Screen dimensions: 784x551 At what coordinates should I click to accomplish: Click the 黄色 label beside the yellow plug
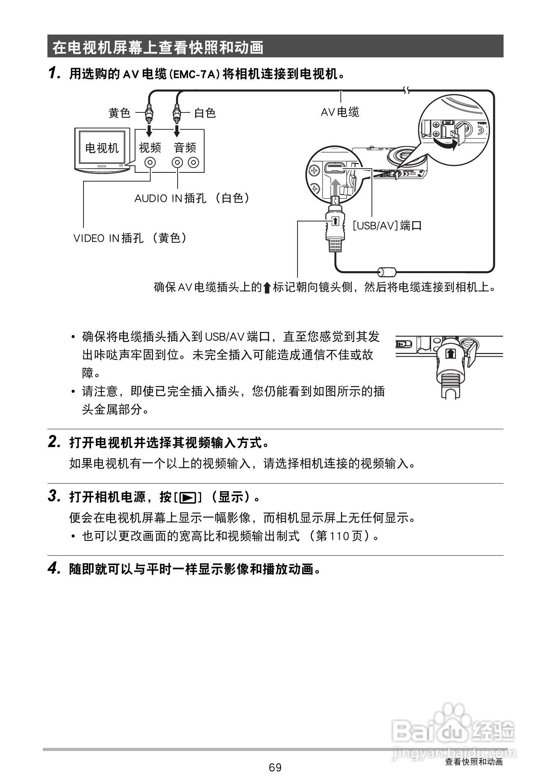(120, 113)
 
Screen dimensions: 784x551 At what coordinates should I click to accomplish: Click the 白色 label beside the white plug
(205, 113)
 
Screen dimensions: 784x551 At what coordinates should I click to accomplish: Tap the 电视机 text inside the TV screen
(102, 148)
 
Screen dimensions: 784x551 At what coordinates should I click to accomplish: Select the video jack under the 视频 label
(151, 163)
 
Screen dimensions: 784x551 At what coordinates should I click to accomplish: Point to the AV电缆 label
(340, 112)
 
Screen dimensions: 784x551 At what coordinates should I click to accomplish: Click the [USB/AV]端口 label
(387, 226)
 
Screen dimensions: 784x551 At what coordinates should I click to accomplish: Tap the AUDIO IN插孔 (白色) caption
(192, 198)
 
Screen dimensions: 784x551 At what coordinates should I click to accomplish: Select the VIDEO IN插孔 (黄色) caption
(130, 238)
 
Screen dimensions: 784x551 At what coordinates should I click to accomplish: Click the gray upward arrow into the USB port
(335, 187)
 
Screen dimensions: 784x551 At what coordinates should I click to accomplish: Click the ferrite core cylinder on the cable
(387, 272)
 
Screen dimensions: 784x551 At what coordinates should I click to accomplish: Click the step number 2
(54, 442)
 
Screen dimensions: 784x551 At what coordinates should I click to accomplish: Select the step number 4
(54, 568)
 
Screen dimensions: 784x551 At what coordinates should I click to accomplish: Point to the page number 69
(275, 768)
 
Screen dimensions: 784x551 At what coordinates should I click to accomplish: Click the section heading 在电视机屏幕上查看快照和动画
(158, 47)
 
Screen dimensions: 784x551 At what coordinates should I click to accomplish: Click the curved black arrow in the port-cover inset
(445, 144)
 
